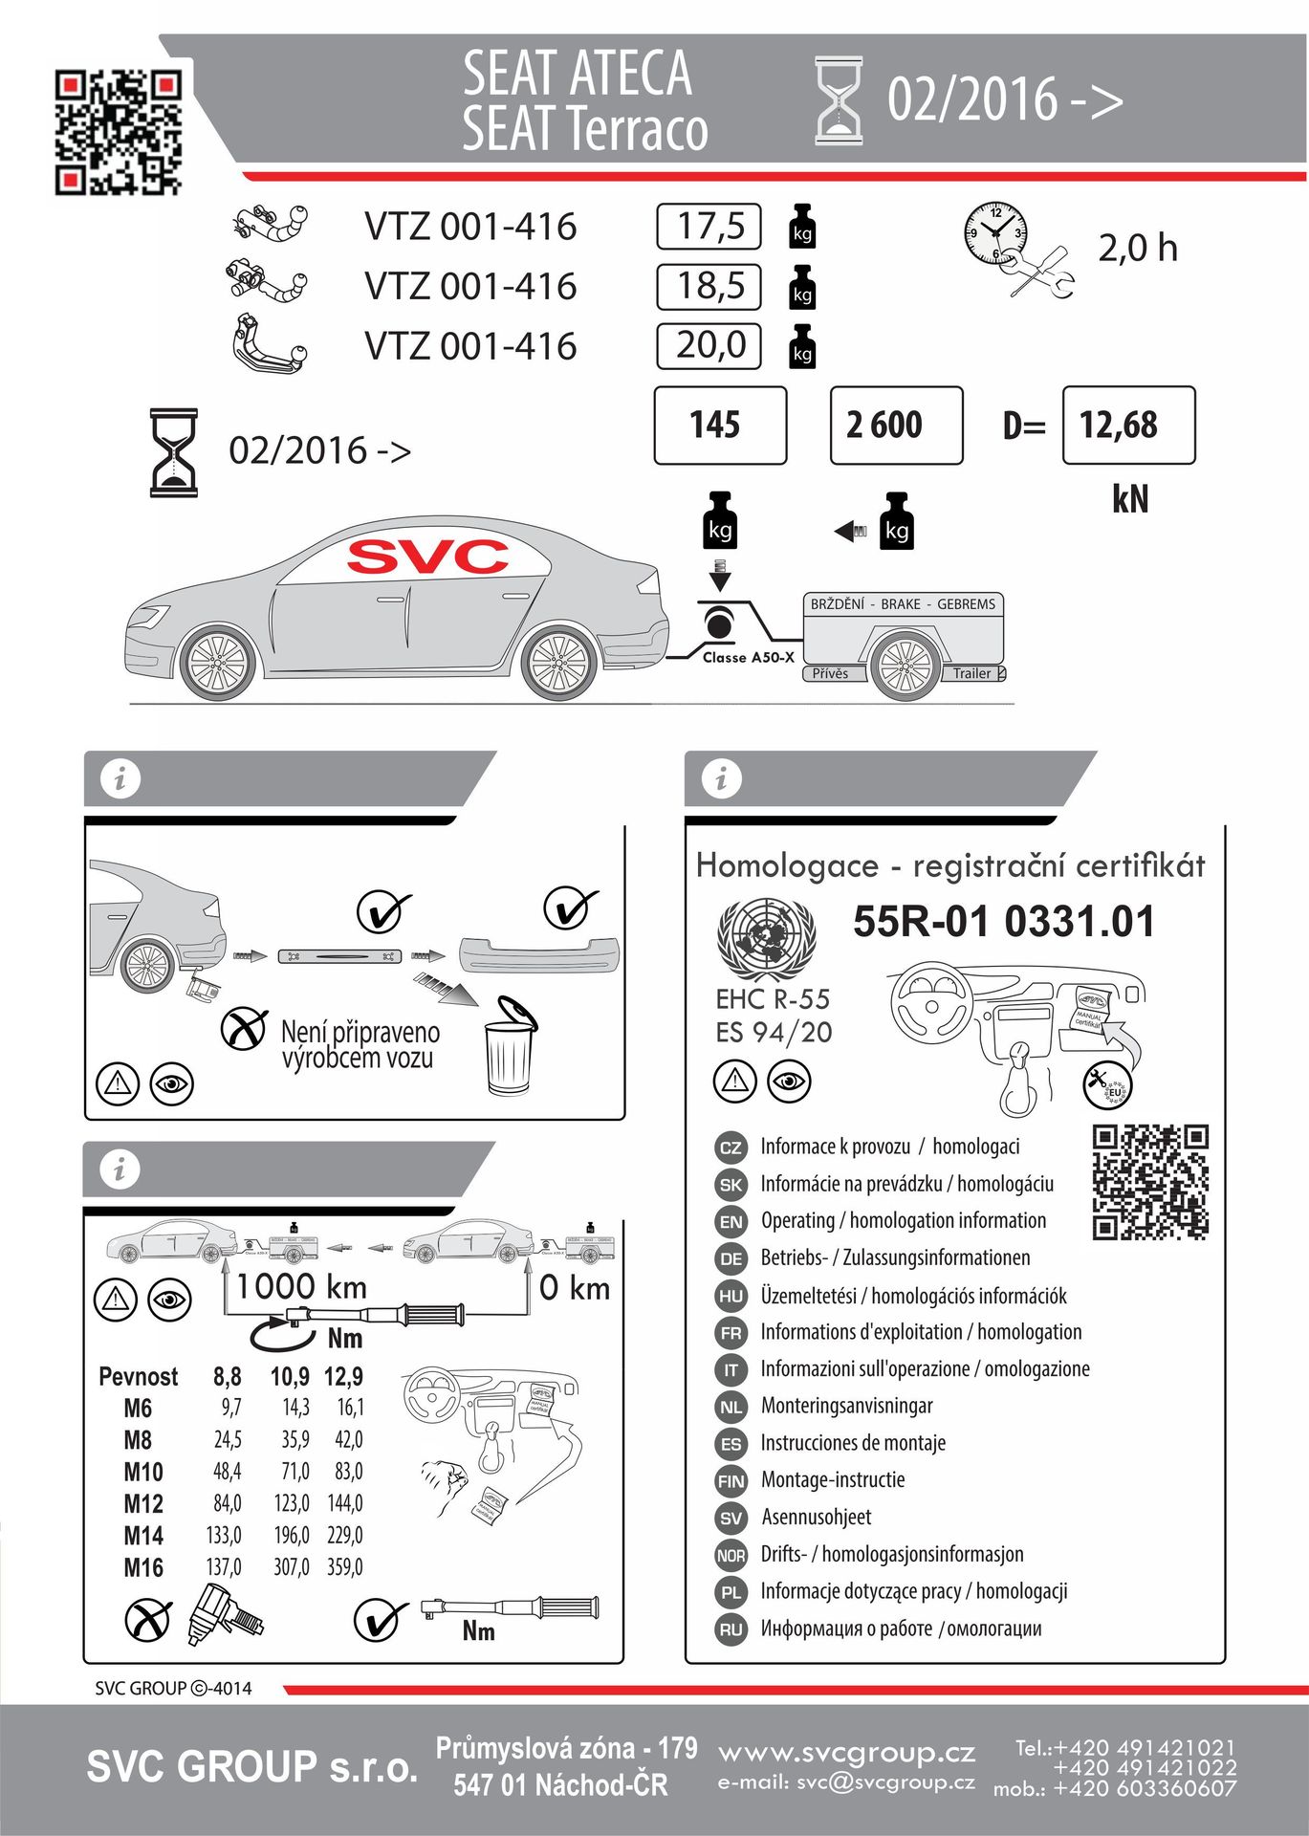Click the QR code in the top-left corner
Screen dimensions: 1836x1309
(x=118, y=132)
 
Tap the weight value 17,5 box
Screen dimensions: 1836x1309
(x=709, y=227)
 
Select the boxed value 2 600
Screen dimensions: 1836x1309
(x=896, y=426)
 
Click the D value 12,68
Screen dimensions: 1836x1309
(x=1127, y=426)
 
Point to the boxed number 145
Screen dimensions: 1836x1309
(x=719, y=426)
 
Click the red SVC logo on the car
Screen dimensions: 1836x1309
(x=427, y=557)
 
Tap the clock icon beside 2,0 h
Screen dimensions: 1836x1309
(x=995, y=232)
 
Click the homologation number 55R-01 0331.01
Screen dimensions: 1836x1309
(x=1003, y=922)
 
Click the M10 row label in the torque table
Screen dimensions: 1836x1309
(x=143, y=1472)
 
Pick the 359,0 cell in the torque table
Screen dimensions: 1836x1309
(x=345, y=1567)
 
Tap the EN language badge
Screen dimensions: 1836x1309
(x=731, y=1222)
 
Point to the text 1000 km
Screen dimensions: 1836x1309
(x=301, y=1287)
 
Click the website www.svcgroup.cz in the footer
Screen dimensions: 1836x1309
(x=846, y=1753)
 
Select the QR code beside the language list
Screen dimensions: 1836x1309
(x=1150, y=1182)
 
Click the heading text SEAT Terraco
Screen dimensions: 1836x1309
(x=584, y=129)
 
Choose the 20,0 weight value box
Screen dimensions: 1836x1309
(x=709, y=345)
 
